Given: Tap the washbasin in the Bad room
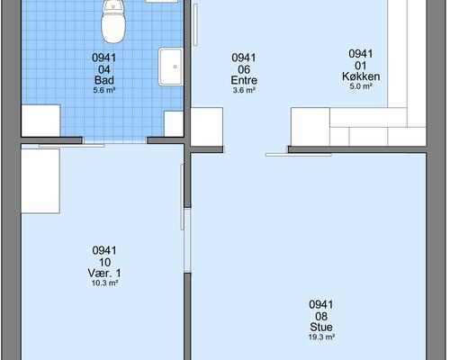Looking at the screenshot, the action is pyautogui.click(x=171, y=67).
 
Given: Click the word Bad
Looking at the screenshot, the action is pyautogui.click(x=104, y=80).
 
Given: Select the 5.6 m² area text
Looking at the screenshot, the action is pyautogui.click(x=104, y=90).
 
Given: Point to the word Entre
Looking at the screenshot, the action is pyautogui.click(x=244, y=80).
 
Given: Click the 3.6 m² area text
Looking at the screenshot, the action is pyautogui.click(x=244, y=90).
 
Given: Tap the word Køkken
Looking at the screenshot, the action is pyautogui.click(x=361, y=76).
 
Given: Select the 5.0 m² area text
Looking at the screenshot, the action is pyautogui.click(x=361, y=86).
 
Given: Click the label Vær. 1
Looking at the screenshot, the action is pyautogui.click(x=104, y=274).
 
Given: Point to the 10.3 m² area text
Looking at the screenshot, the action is pyautogui.click(x=104, y=283).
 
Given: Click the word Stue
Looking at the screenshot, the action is pyautogui.click(x=321, y=328).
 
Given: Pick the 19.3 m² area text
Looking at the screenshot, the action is pyautogui.click(x=321, y=337).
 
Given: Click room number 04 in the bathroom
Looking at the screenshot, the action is pyautogui.click(x=104, y=69).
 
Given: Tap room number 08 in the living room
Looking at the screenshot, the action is pyautogui.click(x=321, y=317).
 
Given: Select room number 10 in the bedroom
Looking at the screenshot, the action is pyautogui.click(x=104, y=263).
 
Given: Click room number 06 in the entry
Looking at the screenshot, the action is pyautogui.click(x=244, y=69).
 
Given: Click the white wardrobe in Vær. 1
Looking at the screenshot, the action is pyautogui.click(x=40, y=181).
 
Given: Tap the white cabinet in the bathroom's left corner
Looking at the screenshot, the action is pyautogui.click(x=40, y=121).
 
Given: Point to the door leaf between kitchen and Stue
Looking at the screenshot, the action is pyautogui.click(x=298, y=155).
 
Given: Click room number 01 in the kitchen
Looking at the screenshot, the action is pyautogui.click(x=361, y=66).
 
